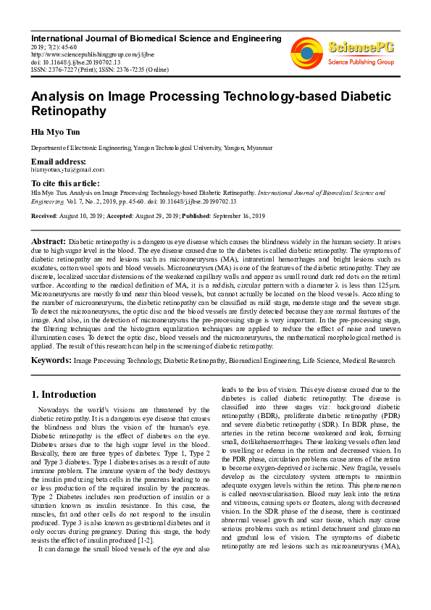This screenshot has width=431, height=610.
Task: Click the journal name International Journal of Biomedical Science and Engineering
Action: pyautogui.click(x=156, y=38)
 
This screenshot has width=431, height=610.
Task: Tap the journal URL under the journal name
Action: pyautogui.click(x=82, y=54)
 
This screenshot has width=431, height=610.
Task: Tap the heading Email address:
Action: pyautogui.click(x=58, y=161)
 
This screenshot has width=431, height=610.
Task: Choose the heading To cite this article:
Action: pyautogui.click(x=65, y=183)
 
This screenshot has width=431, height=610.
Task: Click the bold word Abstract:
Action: pyautogui.click(x=49, y=241)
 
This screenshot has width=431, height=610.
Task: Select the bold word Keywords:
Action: pyautogui.click(x=51, y=359)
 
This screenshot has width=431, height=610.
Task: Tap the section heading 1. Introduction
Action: pyautogui.click(x=64, y=395)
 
